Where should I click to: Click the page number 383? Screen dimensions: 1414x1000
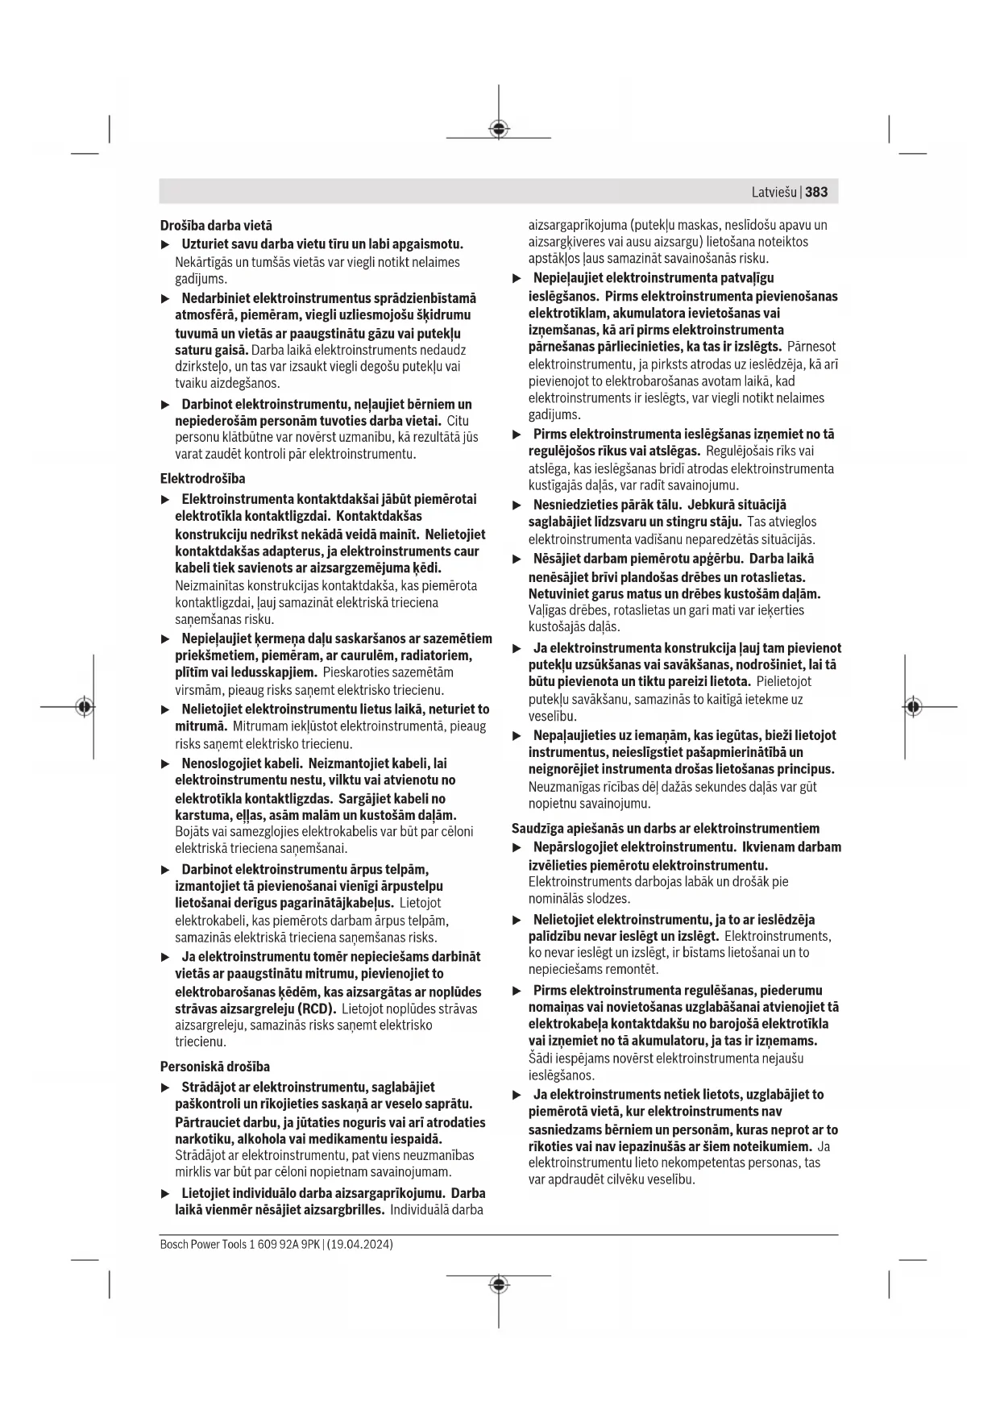pos(816,192)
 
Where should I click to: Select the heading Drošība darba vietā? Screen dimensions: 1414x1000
pos(216,226)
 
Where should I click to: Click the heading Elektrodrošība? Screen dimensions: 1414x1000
pos(202,478)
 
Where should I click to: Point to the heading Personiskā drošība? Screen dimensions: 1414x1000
pos(215,1067)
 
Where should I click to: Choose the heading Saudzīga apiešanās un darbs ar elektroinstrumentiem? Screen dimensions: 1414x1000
pos(666,828)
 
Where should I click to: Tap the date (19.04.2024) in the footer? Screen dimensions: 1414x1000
pos(360,1245)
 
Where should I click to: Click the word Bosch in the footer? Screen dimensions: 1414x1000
pos(173,1245)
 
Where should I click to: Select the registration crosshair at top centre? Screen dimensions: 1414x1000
pos(499,129)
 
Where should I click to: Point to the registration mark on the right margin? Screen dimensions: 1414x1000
pos(912,707)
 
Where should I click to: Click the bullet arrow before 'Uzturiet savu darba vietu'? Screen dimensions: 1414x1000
pos(165,244)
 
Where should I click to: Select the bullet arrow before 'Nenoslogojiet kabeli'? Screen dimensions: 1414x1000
pos(165,763)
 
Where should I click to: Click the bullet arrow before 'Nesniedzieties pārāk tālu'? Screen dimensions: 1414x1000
pos(517,505)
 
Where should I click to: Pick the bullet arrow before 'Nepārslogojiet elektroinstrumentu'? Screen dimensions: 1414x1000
pos(517,847)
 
